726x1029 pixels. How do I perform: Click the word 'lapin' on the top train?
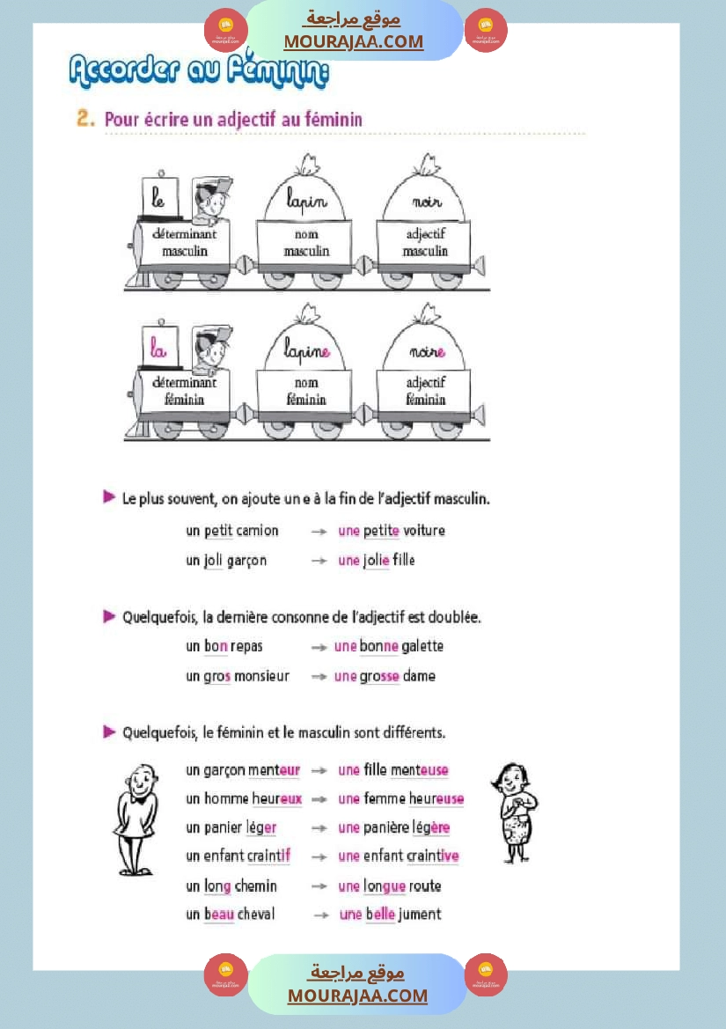click(x=305, y=201)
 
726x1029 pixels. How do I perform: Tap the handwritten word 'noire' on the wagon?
click(x=428, y=351)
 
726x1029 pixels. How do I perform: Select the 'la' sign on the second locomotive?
click(x=158, y=349)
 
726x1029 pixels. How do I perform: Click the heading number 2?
click(x=85, y=119)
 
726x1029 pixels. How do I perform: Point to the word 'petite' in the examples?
click(x=381, y=531)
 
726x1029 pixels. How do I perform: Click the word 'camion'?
click(x=257, y=531)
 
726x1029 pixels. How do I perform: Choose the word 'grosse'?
click(x=379, y=676)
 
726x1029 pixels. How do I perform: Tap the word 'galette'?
click(x=422, y=646)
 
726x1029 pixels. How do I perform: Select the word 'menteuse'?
click(x=420, y=770)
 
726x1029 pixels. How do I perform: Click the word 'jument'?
click(x=420, y=915)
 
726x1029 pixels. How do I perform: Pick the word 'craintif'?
click(x=268, y=856)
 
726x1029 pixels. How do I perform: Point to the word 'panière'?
click(x=386, y=827)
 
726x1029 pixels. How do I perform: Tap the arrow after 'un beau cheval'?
click(x=321, y=915)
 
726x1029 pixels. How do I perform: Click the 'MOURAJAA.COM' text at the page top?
click(x=353, y=41)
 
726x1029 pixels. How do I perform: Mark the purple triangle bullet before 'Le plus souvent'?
click(x=109, y=498)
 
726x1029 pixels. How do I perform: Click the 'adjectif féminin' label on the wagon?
click(x=426, y=391)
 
